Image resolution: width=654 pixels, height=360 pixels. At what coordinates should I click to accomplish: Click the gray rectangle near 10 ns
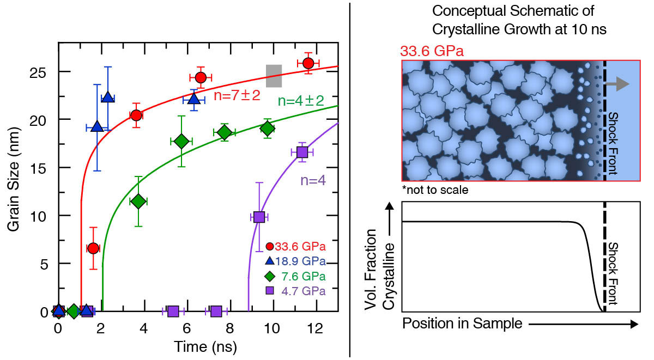pyautogui.click(x=274, y=76)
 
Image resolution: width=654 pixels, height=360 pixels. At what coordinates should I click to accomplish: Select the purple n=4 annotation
pyautogui.click(x=315, y=180)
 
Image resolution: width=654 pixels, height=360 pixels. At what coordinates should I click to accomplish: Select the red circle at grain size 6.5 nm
pyautogui.click(x=93, y=248)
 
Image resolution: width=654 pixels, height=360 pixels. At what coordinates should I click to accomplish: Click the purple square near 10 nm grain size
pyautogui.click(x=259, y=217)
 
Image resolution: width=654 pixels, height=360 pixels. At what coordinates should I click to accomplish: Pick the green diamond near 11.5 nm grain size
pyautogui.click(x=138, y=202)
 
